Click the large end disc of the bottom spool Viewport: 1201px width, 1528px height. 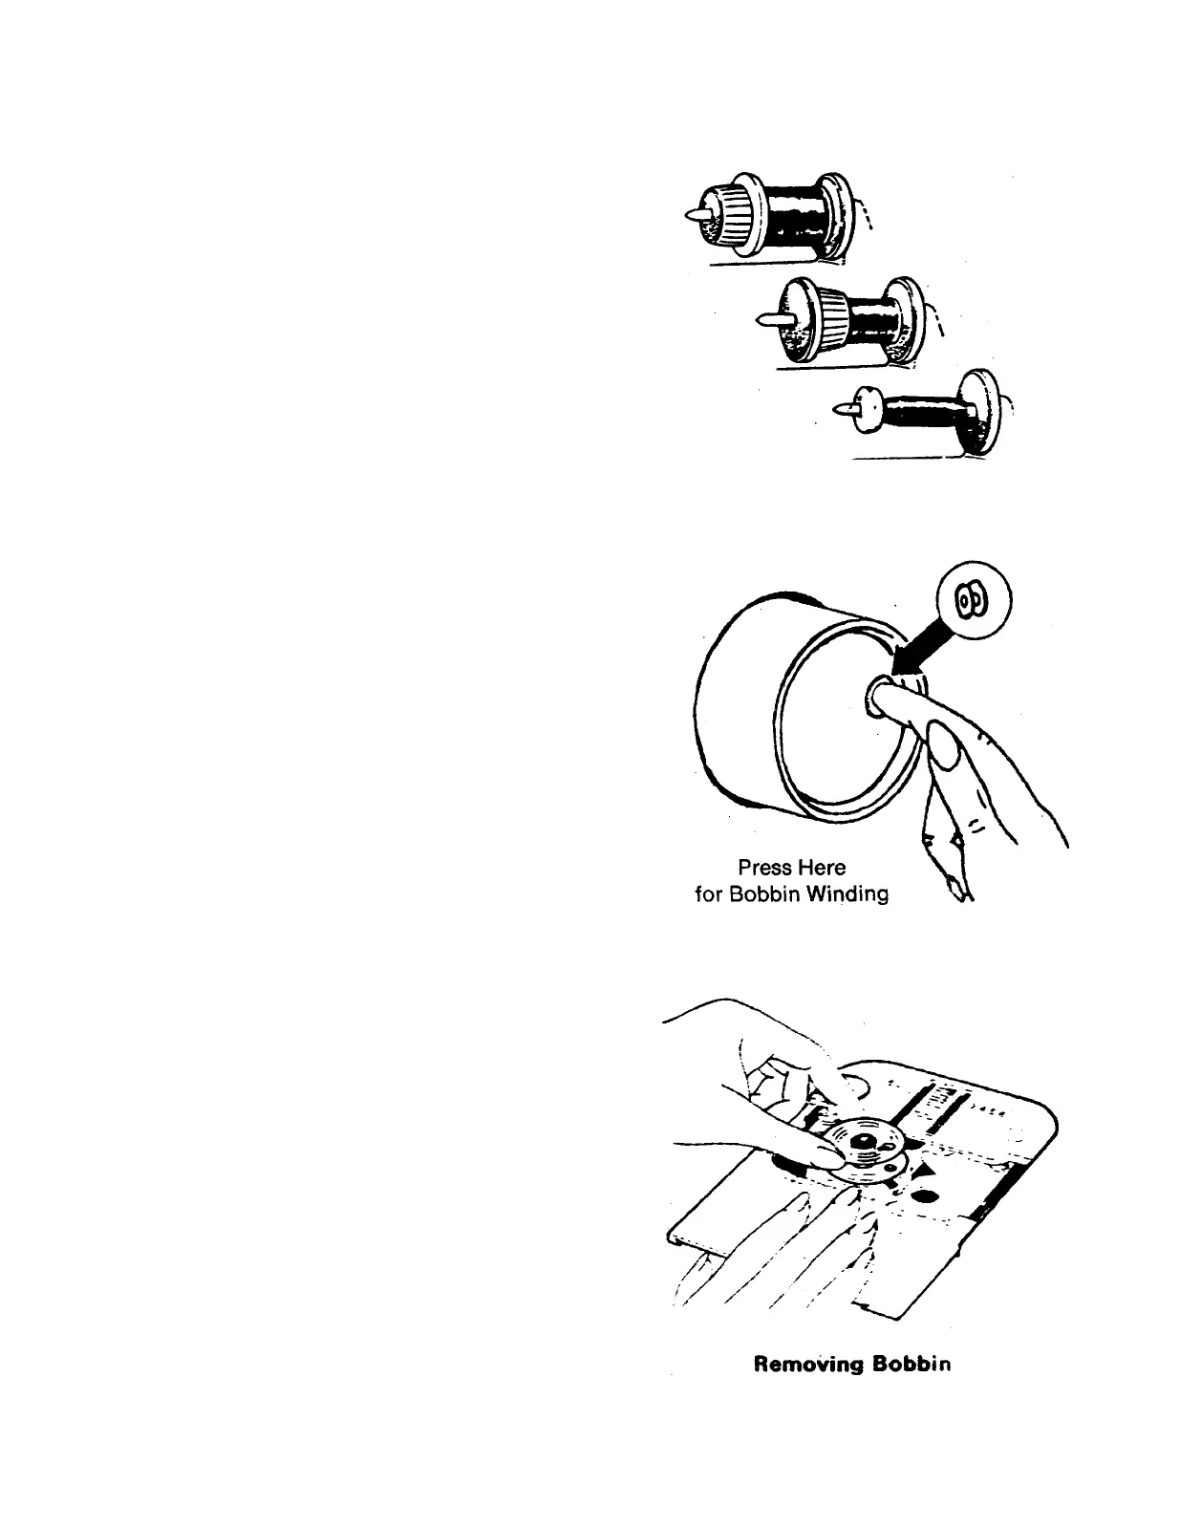(981, 411)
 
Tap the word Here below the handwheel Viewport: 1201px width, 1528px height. (822, 868)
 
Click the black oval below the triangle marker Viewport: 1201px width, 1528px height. (924, 1195)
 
